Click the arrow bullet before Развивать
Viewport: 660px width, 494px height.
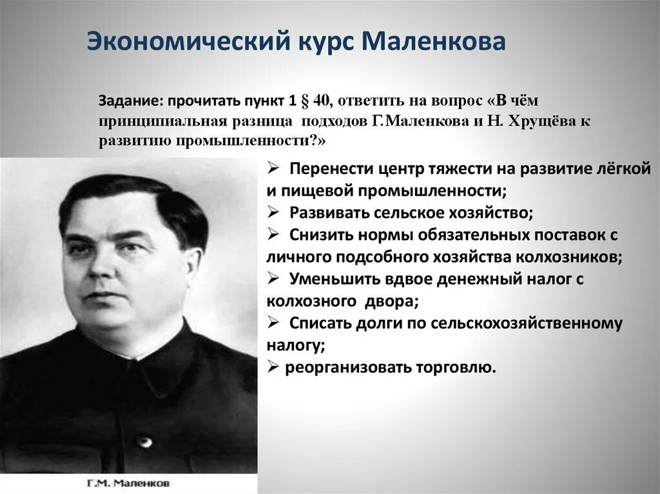(273, 213)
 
